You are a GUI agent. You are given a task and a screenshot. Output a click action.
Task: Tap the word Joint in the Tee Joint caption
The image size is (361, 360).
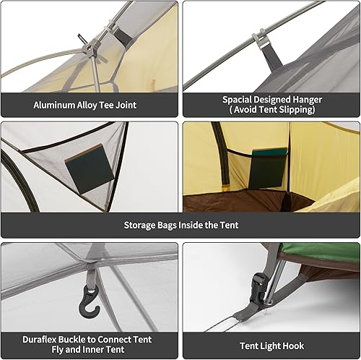click(x=123, y=106)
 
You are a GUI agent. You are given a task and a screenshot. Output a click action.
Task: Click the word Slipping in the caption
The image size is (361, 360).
click(x=297, y=111)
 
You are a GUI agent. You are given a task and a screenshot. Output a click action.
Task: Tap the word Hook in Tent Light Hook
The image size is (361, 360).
click(x=303, y=346)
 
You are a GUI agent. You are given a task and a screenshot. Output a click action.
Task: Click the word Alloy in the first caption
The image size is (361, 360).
click(x=91, y=106)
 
